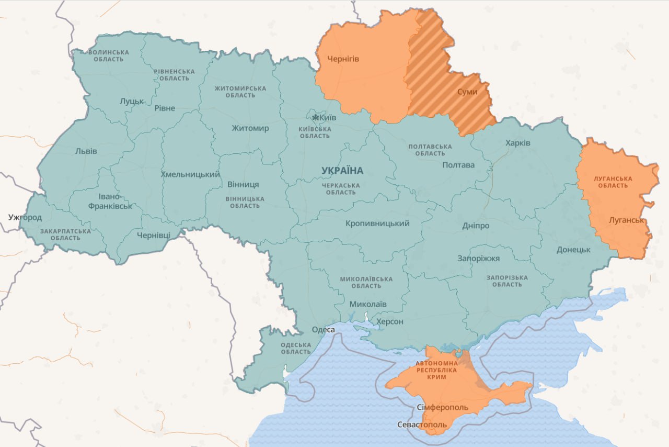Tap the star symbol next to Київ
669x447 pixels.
[x=315, y=117]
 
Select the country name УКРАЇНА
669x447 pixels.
[x=342, y=171]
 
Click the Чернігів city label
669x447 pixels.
[x=343, y=59]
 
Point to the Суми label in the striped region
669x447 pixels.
[x=467, y=92]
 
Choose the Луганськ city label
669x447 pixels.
[x=626, y=220]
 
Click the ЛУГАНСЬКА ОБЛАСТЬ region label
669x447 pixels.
[x=613, y=182]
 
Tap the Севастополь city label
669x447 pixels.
[x=422, y=424]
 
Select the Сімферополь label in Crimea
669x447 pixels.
[x=443, y=407]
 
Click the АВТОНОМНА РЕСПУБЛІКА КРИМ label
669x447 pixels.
[x=436, y=370]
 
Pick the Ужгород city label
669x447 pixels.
[x=25, y=217]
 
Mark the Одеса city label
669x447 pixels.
[x=322, y=330]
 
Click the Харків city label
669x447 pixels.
[x=517, y=143]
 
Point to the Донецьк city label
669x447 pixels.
[x=573, y=250]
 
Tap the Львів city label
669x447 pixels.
[x=86, y=151]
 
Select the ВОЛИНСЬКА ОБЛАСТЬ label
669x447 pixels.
[x=109, y=55]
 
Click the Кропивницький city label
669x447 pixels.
[x=377, y=223]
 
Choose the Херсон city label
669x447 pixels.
[x=390, y=321]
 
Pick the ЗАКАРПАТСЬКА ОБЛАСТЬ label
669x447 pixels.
[x=65, y=234]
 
